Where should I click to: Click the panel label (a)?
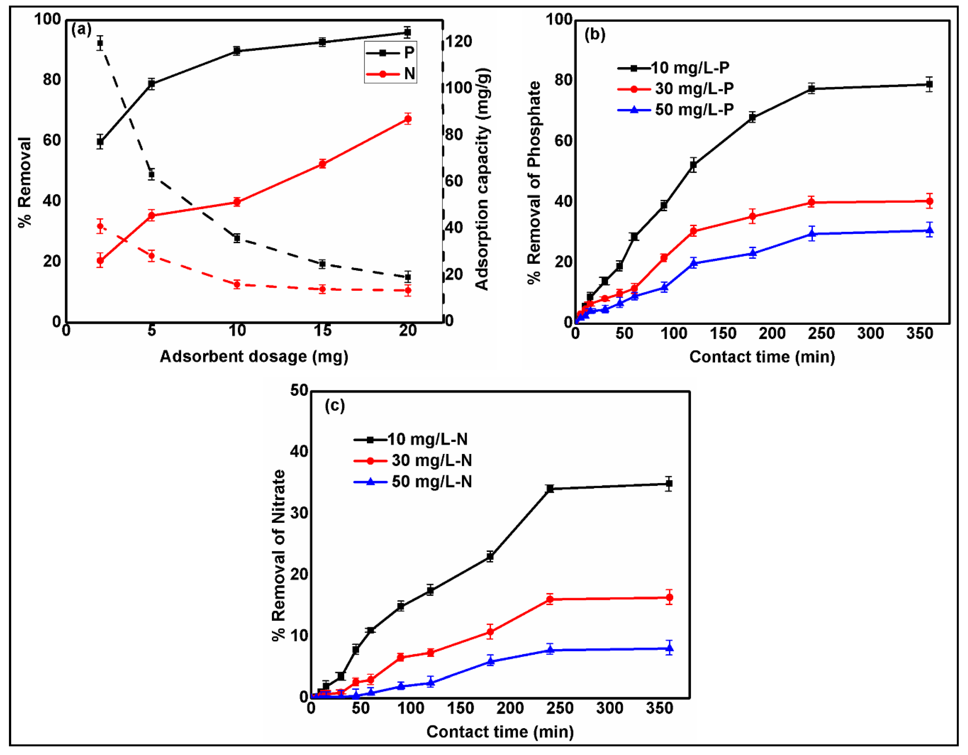[81, 30]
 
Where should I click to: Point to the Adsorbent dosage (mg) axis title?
[254, 356]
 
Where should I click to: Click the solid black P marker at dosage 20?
[407, 32]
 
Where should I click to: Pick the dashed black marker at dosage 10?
[237, 238]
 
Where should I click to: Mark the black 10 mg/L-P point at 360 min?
[929, 84]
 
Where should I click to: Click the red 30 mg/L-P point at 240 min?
[812, 203]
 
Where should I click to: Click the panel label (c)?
[334, 405]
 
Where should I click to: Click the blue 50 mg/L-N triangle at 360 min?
[669, 648]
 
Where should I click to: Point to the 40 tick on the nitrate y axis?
[299, 452]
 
